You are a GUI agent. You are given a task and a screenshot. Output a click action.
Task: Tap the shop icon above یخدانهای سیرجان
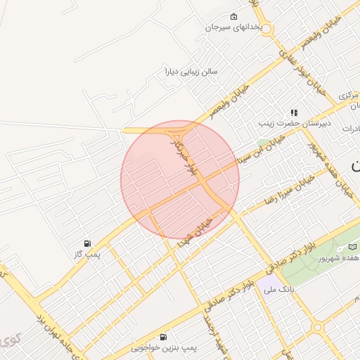click(x=233, y=17)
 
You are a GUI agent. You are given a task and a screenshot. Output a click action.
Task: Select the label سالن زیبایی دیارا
click(x=191, y=71)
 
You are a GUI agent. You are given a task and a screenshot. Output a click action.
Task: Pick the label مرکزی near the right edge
click(x=349, y=94)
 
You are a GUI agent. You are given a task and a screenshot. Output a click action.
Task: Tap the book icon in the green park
click(x=353, y=247)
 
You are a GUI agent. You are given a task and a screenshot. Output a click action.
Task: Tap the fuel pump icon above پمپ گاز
click(x=87, y=243)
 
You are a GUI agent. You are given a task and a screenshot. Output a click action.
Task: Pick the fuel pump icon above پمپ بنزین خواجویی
click(x=164, y=337)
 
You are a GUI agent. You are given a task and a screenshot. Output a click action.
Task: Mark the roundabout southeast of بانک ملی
click(x=318, y=328)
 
